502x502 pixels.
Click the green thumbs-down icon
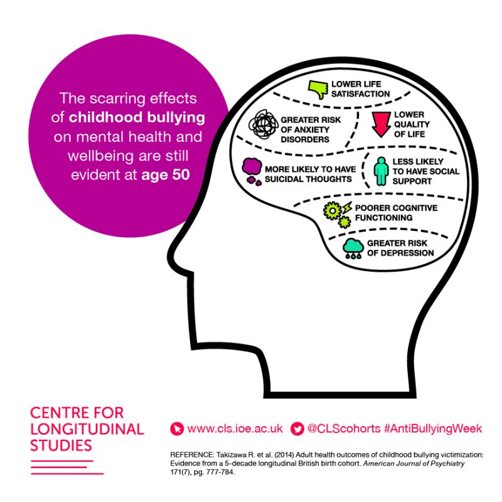click(318, 89)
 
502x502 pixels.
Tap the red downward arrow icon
click(381, 124)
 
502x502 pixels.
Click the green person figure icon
click(382, 171)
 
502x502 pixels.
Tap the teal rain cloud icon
click(353, 248)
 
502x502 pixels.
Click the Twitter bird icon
click(297, 429)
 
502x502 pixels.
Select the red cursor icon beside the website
click(177, 429)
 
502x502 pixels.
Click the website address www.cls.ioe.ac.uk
click(235, 429)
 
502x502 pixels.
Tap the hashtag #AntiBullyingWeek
click(432, 429)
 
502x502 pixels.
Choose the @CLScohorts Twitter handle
click(344, 429)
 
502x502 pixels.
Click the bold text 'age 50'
click(166, 175)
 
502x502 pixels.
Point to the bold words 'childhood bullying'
click(137, 117)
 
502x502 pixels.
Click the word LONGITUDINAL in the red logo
click(87, 429)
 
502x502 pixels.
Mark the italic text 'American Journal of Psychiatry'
click(414, 464)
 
